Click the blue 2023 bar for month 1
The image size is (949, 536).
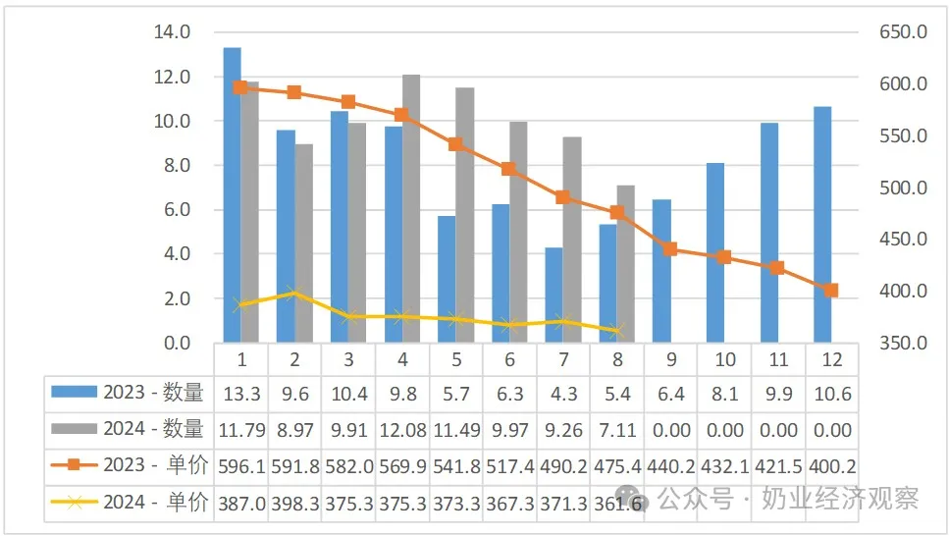pos(233,195)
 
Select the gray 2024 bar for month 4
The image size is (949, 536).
pos(411,209)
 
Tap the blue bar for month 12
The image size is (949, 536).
pos(822,225)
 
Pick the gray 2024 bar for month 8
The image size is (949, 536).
pos(626,264)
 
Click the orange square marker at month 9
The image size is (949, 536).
pos(670,249)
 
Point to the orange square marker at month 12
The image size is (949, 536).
pos(831,291)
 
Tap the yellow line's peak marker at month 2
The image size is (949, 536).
pos(294,295)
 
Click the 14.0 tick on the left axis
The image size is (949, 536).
pos(172,31)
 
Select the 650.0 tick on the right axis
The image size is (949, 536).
pos(903,31)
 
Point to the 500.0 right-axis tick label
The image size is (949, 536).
pos(903,188)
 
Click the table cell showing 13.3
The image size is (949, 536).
pos(241,395)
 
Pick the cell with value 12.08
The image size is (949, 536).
pos(402,431)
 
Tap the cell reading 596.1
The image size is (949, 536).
pos(241,467)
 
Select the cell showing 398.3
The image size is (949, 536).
pos(294,504)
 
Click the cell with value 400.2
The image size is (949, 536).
pos(832,467)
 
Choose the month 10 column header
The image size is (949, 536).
pos(725,359)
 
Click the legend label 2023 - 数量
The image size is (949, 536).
pos(153,393)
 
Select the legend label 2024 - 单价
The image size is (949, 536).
pos(155,502)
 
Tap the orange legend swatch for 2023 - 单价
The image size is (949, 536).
pos(74,465)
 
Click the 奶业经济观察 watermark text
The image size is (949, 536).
pos(840,499)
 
